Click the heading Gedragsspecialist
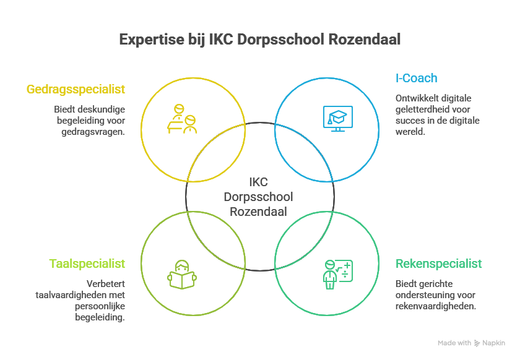click(76, 89)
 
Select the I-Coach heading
click(416, 78)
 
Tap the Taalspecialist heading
click(87, 264)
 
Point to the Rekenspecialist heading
click(438, 264)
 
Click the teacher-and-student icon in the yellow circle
click(182, 119)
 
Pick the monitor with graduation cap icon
click(337, 118)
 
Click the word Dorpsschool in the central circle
click(259, 197)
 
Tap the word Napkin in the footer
click(494, 343)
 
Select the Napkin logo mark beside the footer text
click(477, 343)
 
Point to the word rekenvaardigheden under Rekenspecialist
click(435, 306)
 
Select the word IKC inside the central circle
click(259, 182)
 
